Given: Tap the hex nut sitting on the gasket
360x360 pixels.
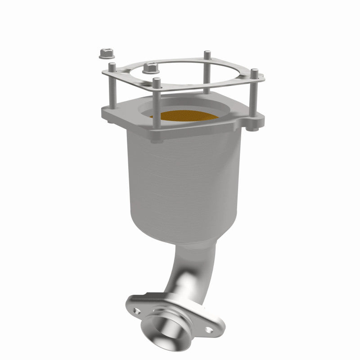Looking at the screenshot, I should pos(150,68).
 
